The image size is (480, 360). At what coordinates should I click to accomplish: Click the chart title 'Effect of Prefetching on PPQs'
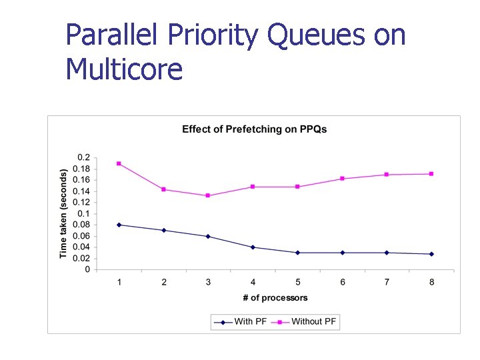pyautogui.click(x=254, y=129)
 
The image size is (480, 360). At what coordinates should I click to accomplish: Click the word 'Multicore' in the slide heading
pyautogui.click(x=124, y=69)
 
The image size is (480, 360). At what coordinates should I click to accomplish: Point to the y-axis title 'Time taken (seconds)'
pyautogui.click(x=63, y=213)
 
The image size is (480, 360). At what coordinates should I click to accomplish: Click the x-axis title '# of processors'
pyautogui.click(x=275, y=297)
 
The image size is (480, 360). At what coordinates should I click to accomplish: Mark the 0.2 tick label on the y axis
pyautogui.click(x=83, y=157)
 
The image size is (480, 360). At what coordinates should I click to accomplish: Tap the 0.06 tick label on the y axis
pyautogui.click(x=81, y=236)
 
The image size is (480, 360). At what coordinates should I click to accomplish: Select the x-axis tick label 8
pyautogui.click(x=431, y=282)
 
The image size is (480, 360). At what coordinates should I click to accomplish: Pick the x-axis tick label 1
pyautogui.click(x=119, y=282)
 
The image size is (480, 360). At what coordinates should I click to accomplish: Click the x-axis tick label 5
pyautogui.click(x=297, y=282)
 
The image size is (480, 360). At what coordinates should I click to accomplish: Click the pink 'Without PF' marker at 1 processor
pyautogui.click(x=119, y=163)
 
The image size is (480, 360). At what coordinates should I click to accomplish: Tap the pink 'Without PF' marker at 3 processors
pyautogui.click(x=208, y=195)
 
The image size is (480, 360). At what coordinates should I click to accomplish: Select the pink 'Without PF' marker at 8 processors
pyautogui.click(x=431, y=174)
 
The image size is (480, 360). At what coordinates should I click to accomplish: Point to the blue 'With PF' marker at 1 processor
pyautogui.click(x=119, y=225)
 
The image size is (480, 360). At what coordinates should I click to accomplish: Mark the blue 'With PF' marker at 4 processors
pyautogui.click(x=253, y=247)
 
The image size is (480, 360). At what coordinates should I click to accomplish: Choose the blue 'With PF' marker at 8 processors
pyautogui.click(x=431, y=254)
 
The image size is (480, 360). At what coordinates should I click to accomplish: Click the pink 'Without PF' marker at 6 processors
pyautogui.click(x=342, y=179)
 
